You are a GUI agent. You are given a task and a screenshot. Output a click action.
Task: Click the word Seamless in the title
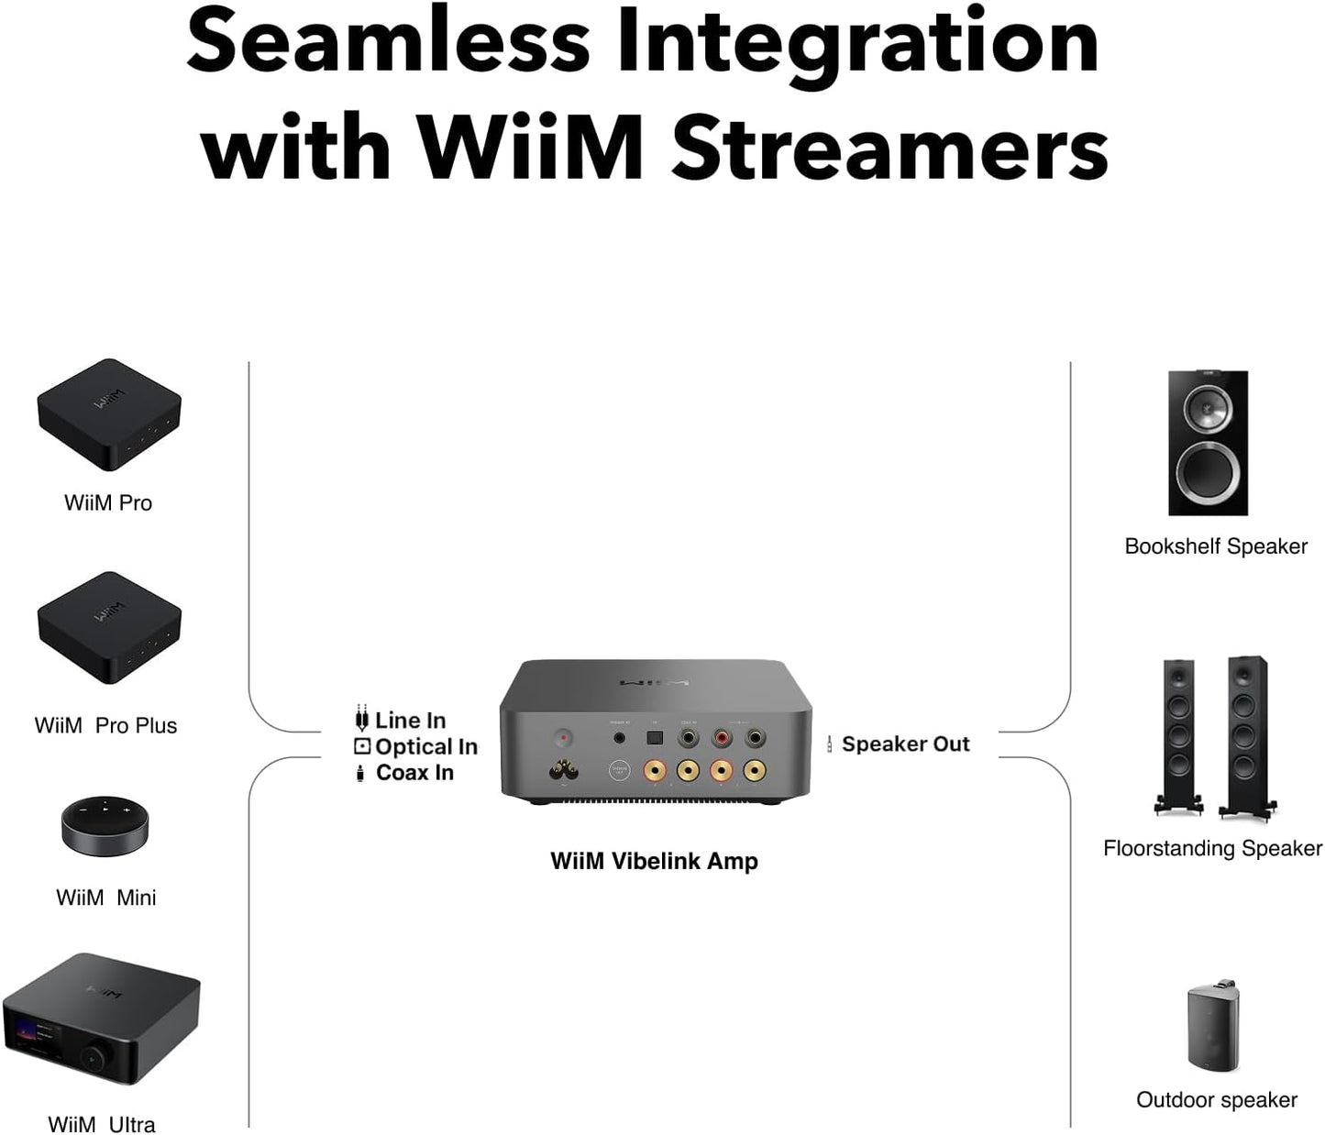[x=388, y=43]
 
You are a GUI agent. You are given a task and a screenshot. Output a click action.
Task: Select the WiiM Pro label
[x=108, y=503]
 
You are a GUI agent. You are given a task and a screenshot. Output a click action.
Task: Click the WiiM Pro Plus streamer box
[x=108, y=626]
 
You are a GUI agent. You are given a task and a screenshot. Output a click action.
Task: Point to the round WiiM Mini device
[x=105, y=825]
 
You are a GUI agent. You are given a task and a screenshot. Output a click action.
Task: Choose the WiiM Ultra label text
[x=101, y=1124]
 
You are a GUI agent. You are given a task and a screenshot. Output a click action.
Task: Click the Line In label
[x=410, y=721]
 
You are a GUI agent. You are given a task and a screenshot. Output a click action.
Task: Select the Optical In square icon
[x=362, y=747]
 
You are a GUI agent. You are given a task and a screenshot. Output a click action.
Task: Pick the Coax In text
[x=414, y=773]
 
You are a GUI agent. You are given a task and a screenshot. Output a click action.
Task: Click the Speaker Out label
[x=905, y=744]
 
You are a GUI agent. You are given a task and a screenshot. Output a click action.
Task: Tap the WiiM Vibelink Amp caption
[x=654, y=862]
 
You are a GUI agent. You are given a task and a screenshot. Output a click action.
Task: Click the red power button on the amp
[x=563, y=737]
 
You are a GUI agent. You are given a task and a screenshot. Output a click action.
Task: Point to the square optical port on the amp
[x=655, y=736]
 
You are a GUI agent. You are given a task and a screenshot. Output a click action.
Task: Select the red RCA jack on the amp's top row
[x=721, y=736]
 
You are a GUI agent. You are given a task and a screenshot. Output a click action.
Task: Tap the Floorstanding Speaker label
[x=1212, y=849]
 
